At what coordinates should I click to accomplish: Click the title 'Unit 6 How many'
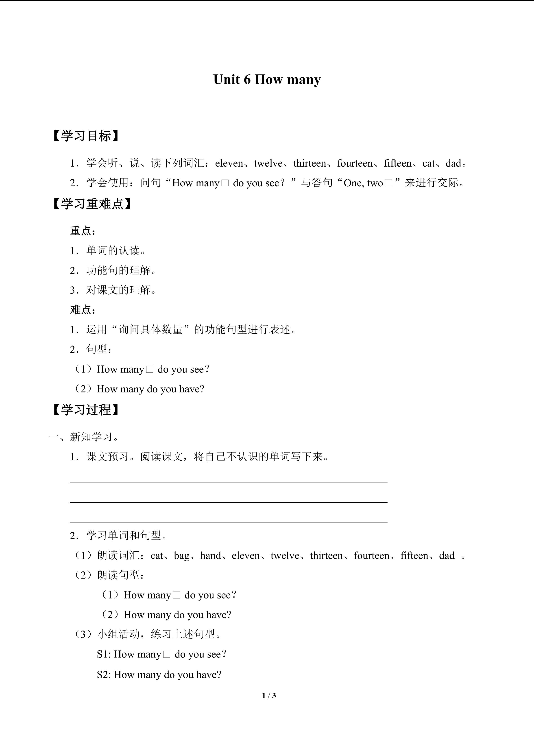[267, 80]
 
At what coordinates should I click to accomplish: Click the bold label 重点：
[83, 231]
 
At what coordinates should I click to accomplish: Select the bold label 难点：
[83, 310]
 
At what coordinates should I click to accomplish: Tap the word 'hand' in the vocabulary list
[210, 556]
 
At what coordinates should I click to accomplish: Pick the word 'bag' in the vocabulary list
[181, 556]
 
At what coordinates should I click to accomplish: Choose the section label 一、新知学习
[84, 437]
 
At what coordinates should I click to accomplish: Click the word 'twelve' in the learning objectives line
[268, 163]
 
